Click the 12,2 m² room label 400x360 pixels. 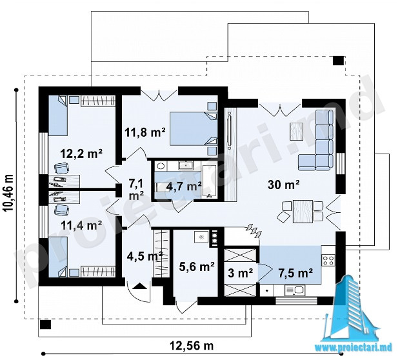(x=81, y=154)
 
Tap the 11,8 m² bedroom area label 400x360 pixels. (x=145, y=132)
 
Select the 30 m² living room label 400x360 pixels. (x=284, y=185)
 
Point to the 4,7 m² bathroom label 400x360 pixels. (x=184, y=186)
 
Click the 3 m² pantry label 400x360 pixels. (x=240, y=274)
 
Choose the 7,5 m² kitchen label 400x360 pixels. (x=295, y=273)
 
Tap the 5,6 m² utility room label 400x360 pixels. (x=197, y=266)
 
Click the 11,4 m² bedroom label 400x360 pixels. (x=82, y=225)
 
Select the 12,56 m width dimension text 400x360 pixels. (x=192, y=346)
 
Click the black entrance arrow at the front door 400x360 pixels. (x=140, y=286)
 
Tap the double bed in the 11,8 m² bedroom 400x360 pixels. (x=194, y=128)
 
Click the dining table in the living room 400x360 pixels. (x=303, y=212)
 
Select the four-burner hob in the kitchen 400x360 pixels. (x=328, y=260)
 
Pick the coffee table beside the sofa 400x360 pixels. (x=296, y=131)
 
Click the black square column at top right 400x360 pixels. (x=338, y=61)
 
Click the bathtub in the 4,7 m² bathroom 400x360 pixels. (x=210, y=182)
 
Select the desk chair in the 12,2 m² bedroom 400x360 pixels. (x=61, y=168)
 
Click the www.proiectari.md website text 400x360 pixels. (x=354, y=348)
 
